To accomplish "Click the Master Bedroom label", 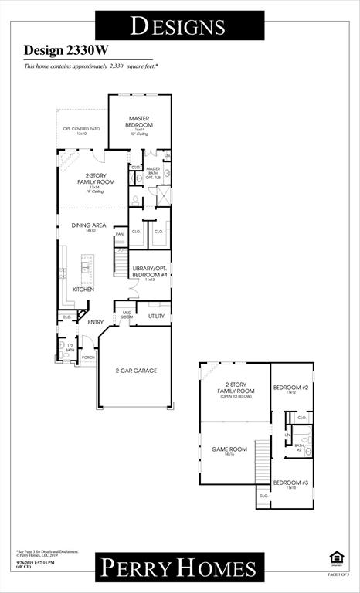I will point(139,121).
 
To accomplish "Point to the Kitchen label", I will point(83,290).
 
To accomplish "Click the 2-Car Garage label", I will point(136,371).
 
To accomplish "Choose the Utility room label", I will point(155,316).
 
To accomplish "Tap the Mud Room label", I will point(126,316).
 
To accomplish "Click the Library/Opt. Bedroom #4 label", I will point(150,270).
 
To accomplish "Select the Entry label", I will point(96,322).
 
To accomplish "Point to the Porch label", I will point(87,357).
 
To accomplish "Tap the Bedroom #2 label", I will point(291,388).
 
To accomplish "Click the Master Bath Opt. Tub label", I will point(153,173).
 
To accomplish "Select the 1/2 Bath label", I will point(70,348).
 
